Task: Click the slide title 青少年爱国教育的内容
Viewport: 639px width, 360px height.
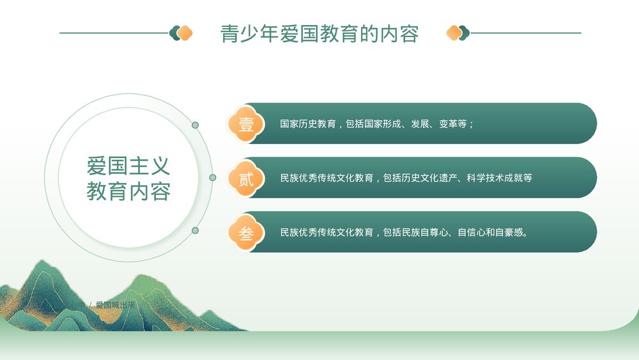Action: [319, 33]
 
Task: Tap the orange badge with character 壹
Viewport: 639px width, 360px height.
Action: [246, 124]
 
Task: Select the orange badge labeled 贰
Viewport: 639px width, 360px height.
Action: [246, 178]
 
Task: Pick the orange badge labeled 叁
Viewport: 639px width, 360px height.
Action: [246, 233]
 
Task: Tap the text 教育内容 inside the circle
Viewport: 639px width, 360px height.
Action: [128, 191]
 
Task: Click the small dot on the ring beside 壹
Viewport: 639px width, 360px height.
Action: [195, 125]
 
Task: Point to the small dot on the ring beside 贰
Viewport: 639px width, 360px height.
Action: [212, 177]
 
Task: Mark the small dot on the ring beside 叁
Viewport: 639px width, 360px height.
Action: [195, 230]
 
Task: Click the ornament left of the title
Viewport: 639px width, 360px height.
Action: [181, 33]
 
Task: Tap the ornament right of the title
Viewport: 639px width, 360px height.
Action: [458, 33]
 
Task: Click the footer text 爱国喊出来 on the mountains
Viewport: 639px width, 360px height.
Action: [116, 305]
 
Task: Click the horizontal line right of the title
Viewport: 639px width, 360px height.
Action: [526, 33]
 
